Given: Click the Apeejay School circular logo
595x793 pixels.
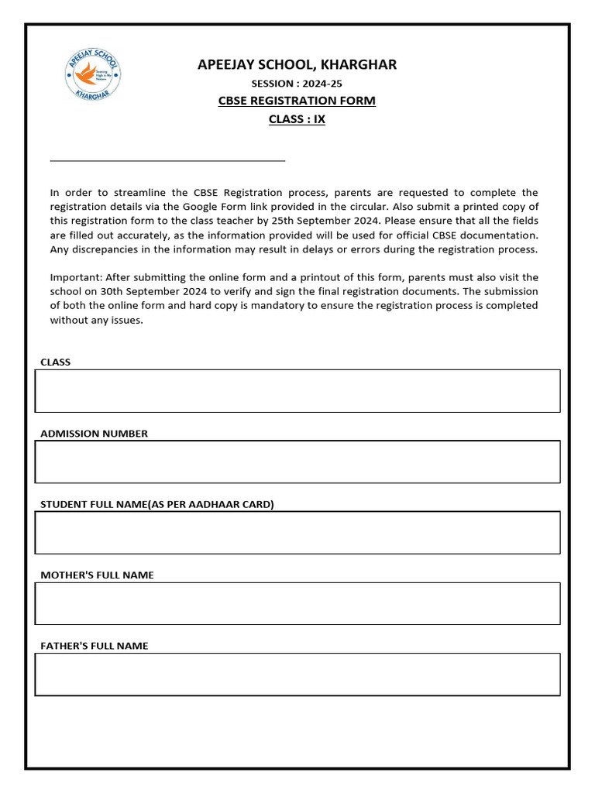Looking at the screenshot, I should pyautogui.click(x=92, y=75).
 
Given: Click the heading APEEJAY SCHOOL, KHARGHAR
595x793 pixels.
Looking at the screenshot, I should pyautogui.click(x=297, y=64).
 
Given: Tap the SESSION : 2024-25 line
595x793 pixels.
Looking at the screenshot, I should pyautogui.click(x=297, y=84).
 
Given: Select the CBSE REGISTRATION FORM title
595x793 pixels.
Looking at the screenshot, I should pyautogui.click(x=297, y=101).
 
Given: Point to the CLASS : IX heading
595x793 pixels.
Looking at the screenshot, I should pyautogui.click(x=297, y=119).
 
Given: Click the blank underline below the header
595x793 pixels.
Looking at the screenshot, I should pyautogui.click(x=167, y=160).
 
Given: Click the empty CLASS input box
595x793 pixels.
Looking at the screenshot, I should pyautogui.click(x=297, y=390).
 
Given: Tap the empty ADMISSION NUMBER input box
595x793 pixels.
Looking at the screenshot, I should pyautogui.click(x=297, y=462).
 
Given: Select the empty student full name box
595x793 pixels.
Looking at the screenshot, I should pyautogui.click(x=297, y=532).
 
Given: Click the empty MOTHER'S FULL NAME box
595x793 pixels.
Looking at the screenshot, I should pyautogui.click(x=297, y=603).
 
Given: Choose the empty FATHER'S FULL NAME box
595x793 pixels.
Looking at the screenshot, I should pyautogui.click(x=297, y=674).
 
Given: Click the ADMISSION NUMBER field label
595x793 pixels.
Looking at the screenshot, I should pyautogui.click(x=94, y=434).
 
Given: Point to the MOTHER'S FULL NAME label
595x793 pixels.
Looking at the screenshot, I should pyautogui.click(x=97, y=575).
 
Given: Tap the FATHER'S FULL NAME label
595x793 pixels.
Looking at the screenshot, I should pyautogui.click(x=94, y=646).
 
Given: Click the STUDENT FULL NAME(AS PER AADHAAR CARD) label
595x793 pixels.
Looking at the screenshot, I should pyautogui.click(x=157, y=504).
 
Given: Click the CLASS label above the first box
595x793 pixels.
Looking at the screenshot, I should pyautogui.click(x=55, y=362).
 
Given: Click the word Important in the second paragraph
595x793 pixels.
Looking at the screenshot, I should pyautogui.click(x=75, y=277).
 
